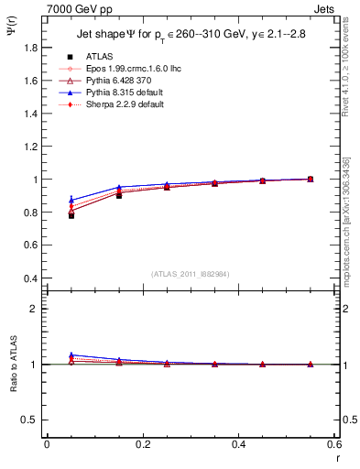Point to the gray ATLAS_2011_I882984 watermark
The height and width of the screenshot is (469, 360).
191,274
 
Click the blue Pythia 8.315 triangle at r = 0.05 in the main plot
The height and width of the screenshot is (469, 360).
71,200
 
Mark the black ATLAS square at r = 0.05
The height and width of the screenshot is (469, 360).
71,215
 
